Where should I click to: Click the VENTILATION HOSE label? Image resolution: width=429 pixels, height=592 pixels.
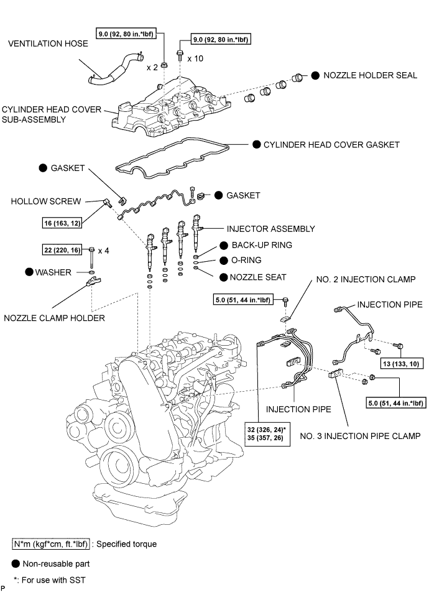48,44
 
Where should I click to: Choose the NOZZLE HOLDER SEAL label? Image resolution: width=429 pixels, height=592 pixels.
370,75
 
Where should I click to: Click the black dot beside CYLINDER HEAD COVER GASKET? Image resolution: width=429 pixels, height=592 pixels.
256,144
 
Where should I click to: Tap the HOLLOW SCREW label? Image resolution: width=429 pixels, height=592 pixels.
45,201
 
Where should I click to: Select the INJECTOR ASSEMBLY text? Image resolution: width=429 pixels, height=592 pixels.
271,229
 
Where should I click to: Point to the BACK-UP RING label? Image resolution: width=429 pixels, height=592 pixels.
262,245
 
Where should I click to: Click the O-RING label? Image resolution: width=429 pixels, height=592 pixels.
246,260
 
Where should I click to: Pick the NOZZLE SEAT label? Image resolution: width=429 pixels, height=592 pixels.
258,277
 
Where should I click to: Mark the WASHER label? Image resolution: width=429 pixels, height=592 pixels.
53,272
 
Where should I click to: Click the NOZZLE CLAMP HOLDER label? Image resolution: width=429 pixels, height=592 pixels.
54,318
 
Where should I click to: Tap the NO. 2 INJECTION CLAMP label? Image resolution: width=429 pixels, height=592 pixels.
366,279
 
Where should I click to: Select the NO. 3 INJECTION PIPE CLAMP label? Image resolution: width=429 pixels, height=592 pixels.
360,436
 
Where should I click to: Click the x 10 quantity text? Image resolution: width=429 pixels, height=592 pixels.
195,58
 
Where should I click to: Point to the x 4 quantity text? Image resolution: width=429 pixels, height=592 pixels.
103,251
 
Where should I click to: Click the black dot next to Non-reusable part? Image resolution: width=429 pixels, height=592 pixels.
16,563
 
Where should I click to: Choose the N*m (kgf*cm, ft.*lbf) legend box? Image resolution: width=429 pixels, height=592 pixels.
51,544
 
